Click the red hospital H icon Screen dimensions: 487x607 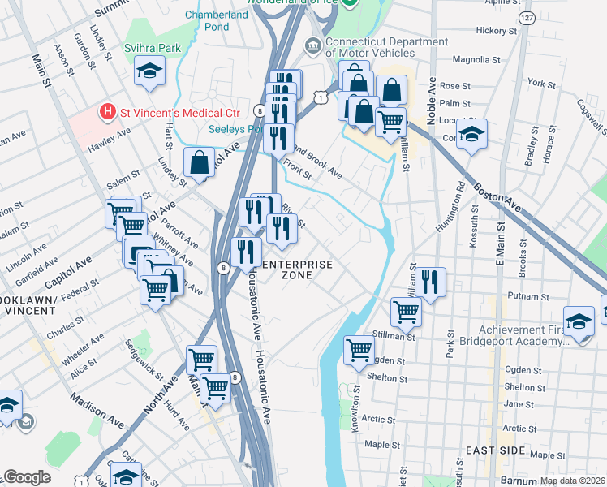(105, 111)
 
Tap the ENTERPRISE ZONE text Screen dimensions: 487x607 (295, 269)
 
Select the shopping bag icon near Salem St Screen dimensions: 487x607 (199, 164)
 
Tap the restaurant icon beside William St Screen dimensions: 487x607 (430, 282)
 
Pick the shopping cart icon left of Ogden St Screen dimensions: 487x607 (359, 351)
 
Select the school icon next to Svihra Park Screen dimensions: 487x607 (149, 72)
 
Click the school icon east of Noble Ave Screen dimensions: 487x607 (471, 134)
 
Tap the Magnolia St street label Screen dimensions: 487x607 (476, 59)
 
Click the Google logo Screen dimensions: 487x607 (26, 477)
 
